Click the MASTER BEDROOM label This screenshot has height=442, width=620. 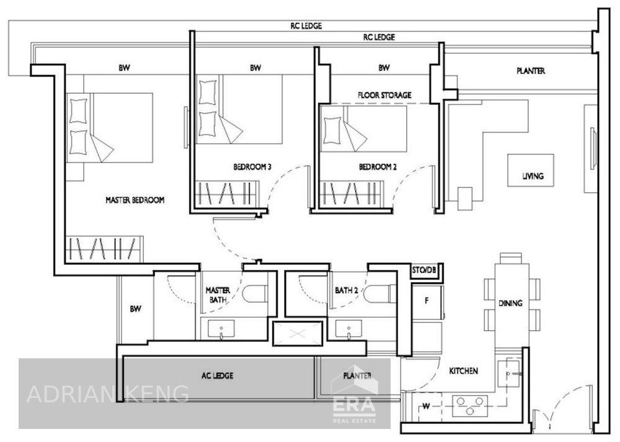coord(135,200)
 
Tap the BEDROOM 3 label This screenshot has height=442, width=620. coord(252,167)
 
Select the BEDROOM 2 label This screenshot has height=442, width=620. coord(378,167)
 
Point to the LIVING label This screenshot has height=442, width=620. coord(533,176)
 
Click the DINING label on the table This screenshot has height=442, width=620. coord(510,303)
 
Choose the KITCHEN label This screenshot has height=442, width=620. coord(463,371)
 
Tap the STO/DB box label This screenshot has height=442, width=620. coord(424,270)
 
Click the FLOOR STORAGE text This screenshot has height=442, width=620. coord(384,95)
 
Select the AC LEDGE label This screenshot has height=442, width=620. coord(217,376)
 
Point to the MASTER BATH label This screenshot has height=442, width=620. coord(218,295)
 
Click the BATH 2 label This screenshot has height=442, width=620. coord(347,291)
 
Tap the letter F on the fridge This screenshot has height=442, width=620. coord(427,301)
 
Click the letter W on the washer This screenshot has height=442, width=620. coord(426,406)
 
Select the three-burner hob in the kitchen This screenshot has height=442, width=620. coord(470,405)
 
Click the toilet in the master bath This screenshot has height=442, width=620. coord(255,294)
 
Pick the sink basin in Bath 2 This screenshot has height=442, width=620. coord(348,330)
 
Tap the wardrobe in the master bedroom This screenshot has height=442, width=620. coord(104,249)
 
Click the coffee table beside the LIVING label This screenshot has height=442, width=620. coord(531,170)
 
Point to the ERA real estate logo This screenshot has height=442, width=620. coord(354,396)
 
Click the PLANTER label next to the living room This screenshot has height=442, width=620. coord(531,71)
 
